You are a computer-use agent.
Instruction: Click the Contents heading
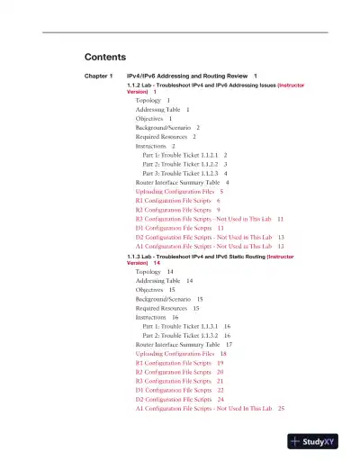(x=103, y=56)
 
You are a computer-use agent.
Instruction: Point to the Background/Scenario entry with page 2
(x=167, y=127)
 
